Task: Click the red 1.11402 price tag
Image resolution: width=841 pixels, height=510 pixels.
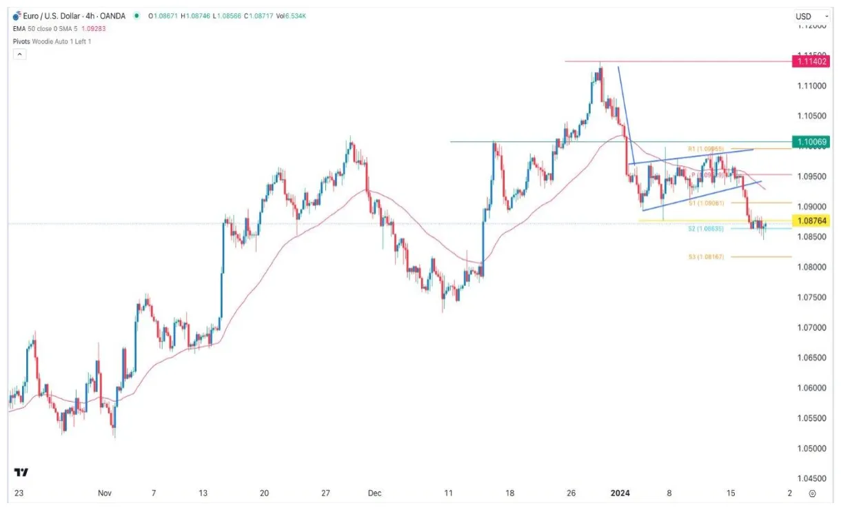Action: click(x=811, y=61)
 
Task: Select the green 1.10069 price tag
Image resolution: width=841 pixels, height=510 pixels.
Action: click(x=811, y=142)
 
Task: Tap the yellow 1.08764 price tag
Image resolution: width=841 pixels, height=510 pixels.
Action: click(x=811, y=221)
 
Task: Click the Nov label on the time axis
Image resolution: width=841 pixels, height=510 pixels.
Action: click(x=104, y=493)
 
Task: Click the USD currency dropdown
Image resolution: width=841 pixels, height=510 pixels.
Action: click(x=807, y=16)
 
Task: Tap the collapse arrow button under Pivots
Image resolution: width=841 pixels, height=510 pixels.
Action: click(x=19, y=54)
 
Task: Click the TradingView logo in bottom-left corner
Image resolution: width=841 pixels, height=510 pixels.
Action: click(x=21, y=473)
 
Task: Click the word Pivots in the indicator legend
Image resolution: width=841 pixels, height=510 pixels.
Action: click(x=23, y=41)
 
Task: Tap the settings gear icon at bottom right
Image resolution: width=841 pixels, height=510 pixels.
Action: click(x=813, y=493)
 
